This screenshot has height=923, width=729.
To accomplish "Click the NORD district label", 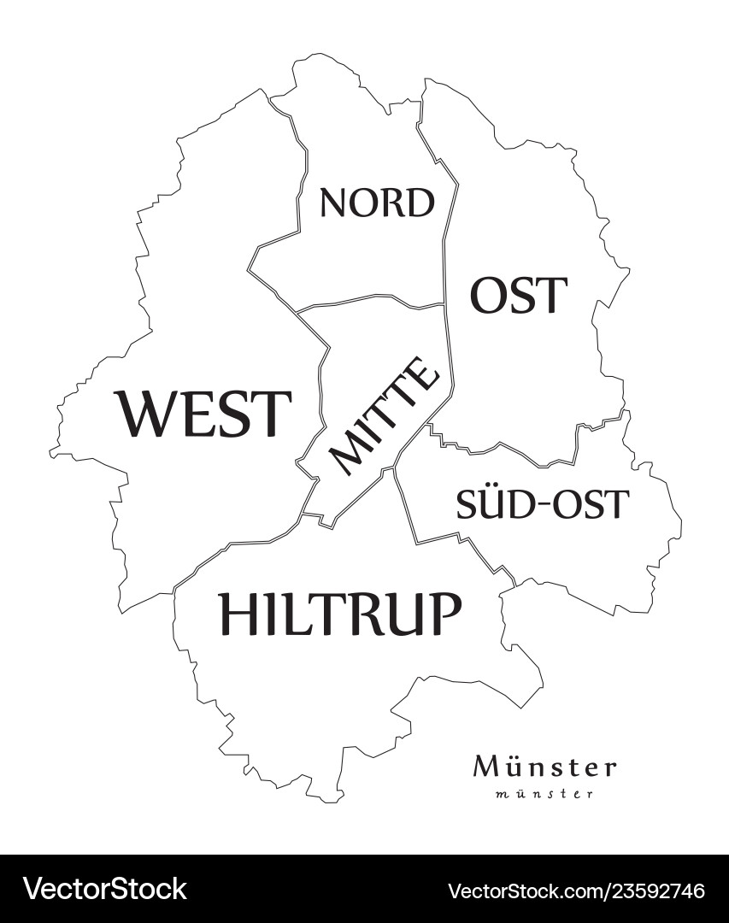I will click(377, 203).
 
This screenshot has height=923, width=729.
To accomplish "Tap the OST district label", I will click(518, 296).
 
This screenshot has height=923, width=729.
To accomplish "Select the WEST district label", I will click(204, 413).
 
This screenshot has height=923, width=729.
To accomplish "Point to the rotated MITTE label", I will click(385, 415).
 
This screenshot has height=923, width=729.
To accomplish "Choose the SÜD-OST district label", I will click(542, 504).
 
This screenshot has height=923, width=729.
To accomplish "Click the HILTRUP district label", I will click(340, 614).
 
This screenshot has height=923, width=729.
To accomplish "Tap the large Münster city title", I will click(544, 767).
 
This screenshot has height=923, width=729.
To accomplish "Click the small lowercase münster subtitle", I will click(544, 794).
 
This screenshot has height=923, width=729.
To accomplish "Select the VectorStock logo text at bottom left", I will click(104, 889).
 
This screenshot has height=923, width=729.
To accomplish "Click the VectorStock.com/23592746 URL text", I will click(577, 890).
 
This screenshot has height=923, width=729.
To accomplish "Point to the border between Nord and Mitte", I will click(367, 299).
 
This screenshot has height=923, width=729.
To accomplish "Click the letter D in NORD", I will click(420, 203).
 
